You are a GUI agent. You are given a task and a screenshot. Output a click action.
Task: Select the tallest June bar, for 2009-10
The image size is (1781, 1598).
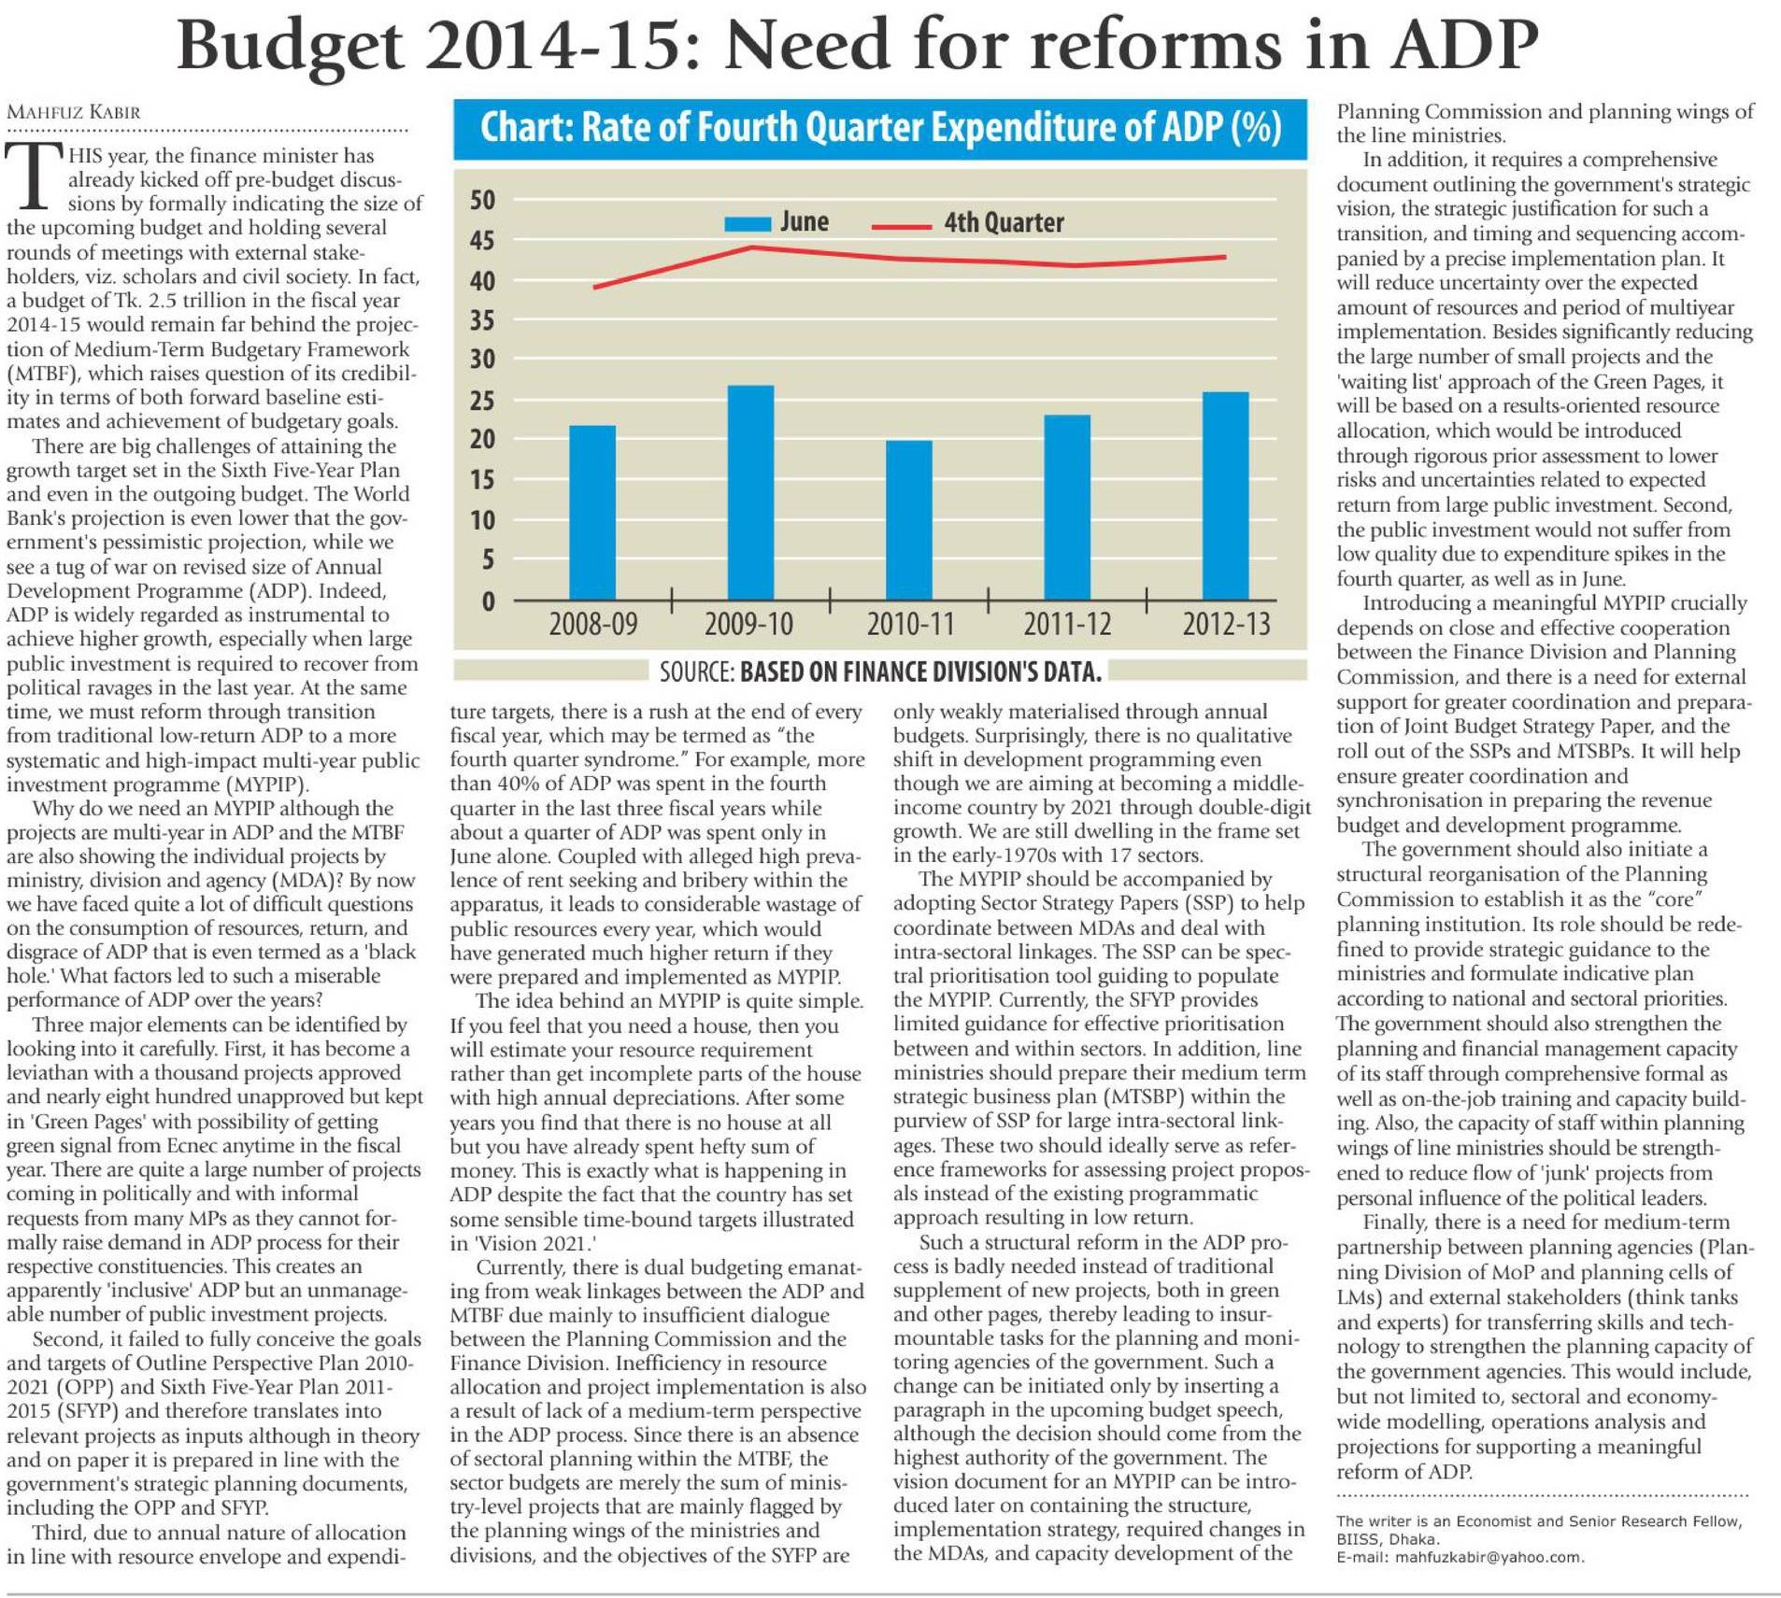(750, 492)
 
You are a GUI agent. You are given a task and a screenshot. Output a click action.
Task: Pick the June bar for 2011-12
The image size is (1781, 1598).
(1067, 507)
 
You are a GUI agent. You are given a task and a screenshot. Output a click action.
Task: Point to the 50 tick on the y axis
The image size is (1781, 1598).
(482, 200)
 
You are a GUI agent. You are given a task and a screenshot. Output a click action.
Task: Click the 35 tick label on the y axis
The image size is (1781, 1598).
(482, 320)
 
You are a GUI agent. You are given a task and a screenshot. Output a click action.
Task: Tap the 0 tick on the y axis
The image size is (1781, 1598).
(488, 601)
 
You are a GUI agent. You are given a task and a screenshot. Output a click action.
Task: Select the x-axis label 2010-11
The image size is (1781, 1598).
(910, 624)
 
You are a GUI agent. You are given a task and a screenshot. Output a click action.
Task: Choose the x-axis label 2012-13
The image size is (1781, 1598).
(1226, 624)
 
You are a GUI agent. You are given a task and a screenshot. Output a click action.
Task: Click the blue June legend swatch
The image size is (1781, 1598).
(747, 223)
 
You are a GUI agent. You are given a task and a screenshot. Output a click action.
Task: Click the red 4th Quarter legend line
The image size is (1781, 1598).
(901, 226)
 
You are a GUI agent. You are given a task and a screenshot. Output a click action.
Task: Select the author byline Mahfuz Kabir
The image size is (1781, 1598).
(74, 112)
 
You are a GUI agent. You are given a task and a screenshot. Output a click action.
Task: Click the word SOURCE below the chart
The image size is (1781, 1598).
(696, 672)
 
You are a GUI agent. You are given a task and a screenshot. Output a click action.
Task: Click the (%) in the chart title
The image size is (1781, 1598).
(1257, 128)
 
